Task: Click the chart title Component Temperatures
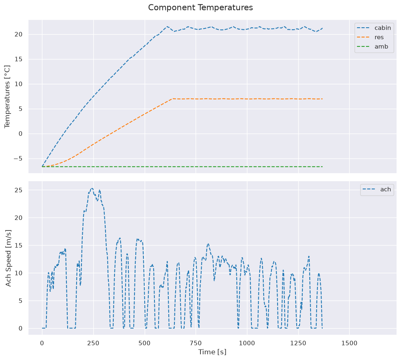200,8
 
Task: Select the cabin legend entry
374,28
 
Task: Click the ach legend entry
377,189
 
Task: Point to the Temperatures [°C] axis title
7,97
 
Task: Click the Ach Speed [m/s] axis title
8,258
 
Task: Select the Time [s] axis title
212,352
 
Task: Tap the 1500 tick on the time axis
349,343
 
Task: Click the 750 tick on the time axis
196,343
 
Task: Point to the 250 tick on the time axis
93,343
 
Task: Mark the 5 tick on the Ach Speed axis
21,301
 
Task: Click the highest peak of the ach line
92,188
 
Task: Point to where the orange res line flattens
173,99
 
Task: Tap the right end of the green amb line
322,167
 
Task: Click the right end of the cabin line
322,28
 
